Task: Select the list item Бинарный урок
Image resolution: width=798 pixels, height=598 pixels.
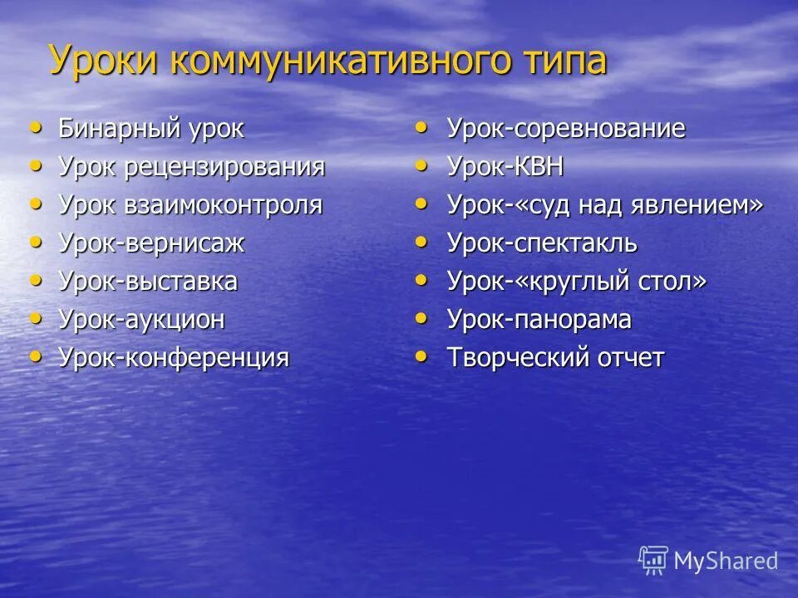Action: pyautogui.click(x=151, y=130)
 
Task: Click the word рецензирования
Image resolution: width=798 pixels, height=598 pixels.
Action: pyautogui.click(x=224, y=168)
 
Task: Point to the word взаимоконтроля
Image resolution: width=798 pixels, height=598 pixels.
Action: pyautogui.click(x=223, y=205)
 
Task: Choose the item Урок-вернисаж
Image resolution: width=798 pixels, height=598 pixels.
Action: pyautogui.click(x=151, y=243)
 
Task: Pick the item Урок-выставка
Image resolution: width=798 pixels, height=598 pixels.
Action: pyautogui.click(x=148, y=282)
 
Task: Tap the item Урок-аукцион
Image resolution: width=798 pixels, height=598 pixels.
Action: pyautogui.click(x=141, y=320)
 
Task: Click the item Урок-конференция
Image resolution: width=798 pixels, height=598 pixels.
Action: pyautogui.click(x=174, y=358)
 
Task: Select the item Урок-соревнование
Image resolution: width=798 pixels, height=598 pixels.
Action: pyautogui.click(x=566, y=129)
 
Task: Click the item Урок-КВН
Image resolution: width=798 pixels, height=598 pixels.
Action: pyautogui.click(x=505, y=167)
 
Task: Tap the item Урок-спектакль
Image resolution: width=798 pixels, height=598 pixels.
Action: pyautogui.click(x=542, y=243)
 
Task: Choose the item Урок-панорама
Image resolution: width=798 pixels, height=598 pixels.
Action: pyautogui.click(x=539, y=320)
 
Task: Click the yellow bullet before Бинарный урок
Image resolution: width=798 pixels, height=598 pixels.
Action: pyautogui.click(x=35, y=127)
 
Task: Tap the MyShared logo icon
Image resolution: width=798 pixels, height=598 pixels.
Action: pyautogui.click(x=653, y=560)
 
